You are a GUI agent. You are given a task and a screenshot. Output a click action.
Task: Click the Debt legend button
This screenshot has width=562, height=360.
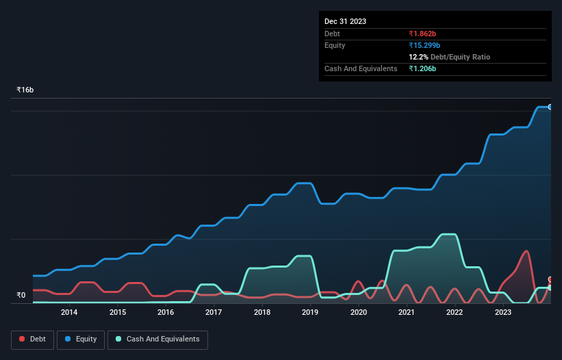31,339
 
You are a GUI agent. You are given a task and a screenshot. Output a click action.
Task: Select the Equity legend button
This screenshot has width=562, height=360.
81,339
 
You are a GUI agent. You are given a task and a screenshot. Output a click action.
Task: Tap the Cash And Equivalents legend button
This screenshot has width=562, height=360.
157,339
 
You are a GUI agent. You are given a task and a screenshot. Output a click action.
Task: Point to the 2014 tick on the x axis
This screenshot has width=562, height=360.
68,313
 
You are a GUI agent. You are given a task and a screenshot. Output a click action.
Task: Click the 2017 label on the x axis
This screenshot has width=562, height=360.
214,313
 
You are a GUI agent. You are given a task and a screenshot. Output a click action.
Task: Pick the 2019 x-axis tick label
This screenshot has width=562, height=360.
310,313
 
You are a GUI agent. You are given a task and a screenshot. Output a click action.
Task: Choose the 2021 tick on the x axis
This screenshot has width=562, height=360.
407,313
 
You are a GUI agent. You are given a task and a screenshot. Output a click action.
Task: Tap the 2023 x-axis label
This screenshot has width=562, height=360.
503,313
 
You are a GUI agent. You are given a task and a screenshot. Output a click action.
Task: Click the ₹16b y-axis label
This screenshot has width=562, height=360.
25,90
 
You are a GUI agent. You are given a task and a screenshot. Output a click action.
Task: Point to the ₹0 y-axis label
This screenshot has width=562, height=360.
21,296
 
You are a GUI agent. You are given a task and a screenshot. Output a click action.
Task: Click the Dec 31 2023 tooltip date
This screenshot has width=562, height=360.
345,21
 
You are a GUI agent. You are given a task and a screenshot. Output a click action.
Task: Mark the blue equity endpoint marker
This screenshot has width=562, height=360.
550,107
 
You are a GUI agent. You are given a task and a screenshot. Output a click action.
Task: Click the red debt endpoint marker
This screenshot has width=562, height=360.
550,279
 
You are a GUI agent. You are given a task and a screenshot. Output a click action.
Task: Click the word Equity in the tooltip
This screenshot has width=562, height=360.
335,45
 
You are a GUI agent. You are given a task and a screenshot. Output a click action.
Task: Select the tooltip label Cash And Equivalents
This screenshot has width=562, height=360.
361,69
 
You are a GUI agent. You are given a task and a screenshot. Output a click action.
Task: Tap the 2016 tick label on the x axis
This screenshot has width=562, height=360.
165,313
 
